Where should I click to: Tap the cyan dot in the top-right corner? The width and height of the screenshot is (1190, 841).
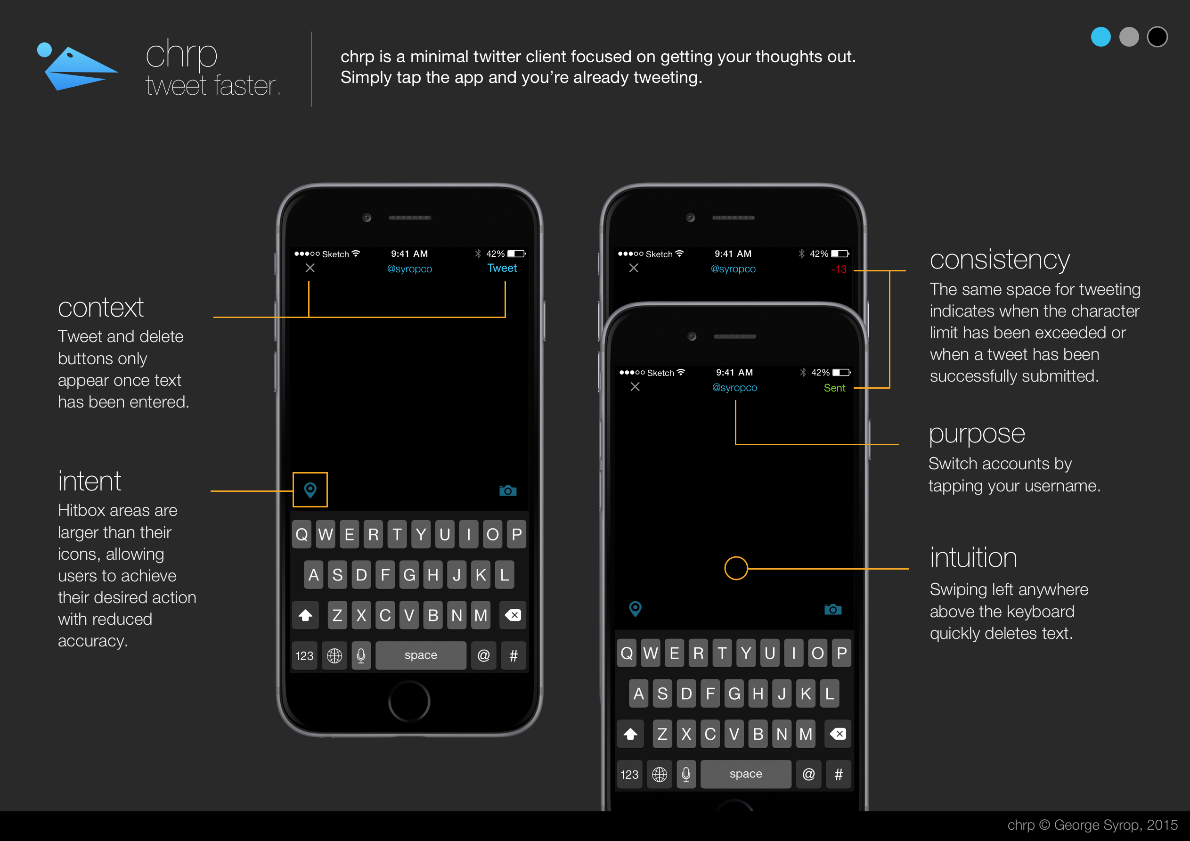coord(1100,37)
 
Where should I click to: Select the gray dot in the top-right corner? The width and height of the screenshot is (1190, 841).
coord(1129,37)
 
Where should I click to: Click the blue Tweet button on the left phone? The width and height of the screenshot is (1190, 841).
coord(502,268)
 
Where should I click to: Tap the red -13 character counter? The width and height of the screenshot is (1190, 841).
coord(839,269)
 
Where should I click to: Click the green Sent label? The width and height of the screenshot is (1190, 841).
coord(834,388)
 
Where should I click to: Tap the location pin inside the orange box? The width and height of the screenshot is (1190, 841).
coord(310,490)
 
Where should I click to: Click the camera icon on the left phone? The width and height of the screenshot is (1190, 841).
coord(508,490)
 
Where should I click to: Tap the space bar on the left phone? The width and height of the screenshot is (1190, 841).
coord(420,655)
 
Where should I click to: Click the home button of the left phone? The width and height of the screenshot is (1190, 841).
coord(409,702)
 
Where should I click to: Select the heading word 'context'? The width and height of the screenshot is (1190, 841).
coord(100,308)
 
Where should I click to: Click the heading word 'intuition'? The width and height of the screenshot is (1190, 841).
coord(973,557)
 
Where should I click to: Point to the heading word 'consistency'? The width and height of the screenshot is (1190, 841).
coord(999,260)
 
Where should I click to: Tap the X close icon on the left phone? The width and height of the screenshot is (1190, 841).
coord(310,268)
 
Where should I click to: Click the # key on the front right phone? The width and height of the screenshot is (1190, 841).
coord(838,774)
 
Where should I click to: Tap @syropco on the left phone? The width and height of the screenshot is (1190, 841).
coord(409,269)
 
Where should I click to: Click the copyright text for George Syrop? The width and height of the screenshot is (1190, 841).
coord(1092,825)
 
